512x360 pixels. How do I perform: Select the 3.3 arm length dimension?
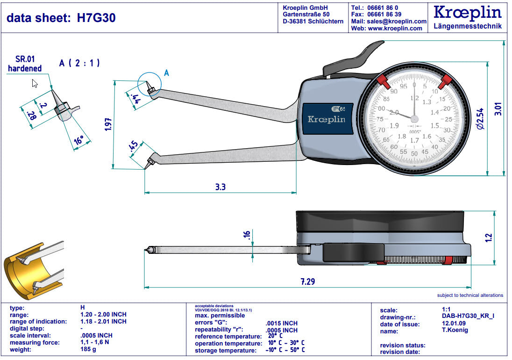(220, 187)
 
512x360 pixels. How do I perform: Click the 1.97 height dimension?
(108, 124)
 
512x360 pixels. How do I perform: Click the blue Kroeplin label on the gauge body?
(326, 119)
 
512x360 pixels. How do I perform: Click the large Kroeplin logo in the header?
(468, 13)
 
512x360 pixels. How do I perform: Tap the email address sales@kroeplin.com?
(396, 22)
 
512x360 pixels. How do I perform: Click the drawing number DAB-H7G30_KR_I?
(468, 317)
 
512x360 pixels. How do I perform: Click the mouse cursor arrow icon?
(35, 83)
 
